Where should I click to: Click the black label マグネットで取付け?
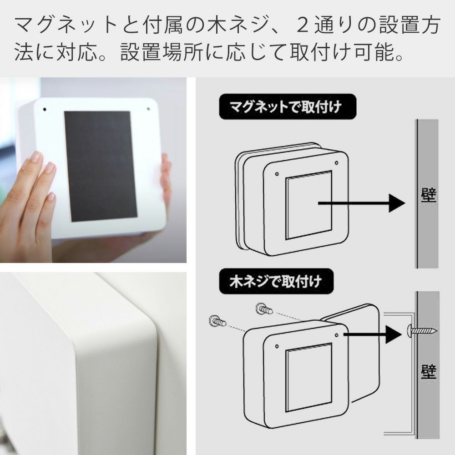coord(287,107)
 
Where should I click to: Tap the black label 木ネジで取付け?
coord(276,281)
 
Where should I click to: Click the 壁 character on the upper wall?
coord(428,195)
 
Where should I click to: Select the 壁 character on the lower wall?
coord(429,372)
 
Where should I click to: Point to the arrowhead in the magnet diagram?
coord(397,203)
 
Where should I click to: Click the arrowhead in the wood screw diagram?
coord(394,334)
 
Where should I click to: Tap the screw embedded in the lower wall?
coord(423,330)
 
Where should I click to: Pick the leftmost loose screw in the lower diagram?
coord(217,321)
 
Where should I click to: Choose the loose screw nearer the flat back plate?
coord(264,308)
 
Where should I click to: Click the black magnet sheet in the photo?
coord(101,166)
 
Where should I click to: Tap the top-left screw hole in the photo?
coord(45,109)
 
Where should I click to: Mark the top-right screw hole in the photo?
coord(148,109)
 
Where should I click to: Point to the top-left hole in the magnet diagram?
coord(277,174)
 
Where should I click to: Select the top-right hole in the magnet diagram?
coord(336,163)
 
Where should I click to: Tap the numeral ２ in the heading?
coord(303,25)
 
